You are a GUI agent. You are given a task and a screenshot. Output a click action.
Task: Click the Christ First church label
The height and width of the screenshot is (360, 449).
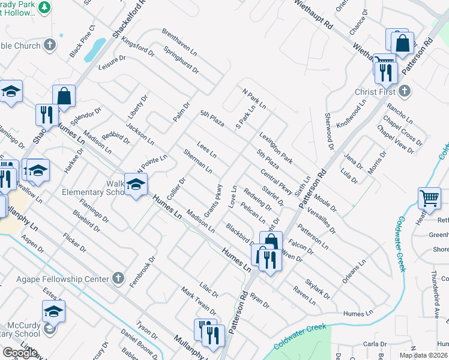(x=375, y=92)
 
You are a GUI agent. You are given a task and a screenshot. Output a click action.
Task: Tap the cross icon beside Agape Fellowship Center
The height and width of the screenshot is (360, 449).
(x=118, y=279)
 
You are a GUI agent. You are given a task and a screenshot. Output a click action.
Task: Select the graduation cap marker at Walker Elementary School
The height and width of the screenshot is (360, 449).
(x=136, y=185)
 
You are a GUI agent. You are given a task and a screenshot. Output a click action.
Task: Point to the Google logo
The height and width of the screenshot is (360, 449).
(x=20, y=353)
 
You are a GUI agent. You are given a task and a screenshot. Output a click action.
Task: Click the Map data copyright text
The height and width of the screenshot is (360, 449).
(x=424, y=355)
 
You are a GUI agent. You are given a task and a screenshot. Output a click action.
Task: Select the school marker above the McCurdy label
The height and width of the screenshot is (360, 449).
(x=53, y=312)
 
